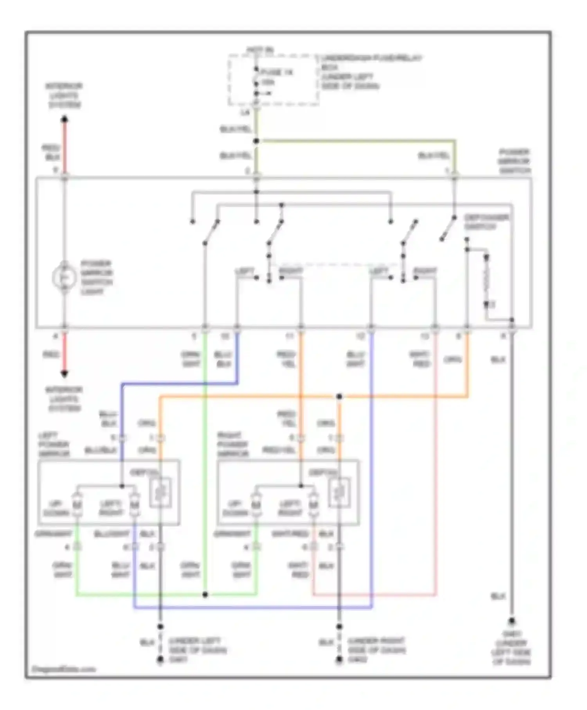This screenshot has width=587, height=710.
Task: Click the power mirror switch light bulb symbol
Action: point(64,278)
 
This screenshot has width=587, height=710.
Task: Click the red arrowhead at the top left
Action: point(65,119)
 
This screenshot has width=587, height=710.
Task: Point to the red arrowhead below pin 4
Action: point(65,373)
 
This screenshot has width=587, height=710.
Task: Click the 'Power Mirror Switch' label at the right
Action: point(514,161)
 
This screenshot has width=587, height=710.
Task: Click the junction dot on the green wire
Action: point(205,595)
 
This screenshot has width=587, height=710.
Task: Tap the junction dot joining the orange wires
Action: point(339,397)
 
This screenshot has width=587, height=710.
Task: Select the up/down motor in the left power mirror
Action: point(77,505)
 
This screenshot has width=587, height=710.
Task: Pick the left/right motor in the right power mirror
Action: point(313,505)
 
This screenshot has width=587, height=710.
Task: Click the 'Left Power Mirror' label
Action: point(54,445)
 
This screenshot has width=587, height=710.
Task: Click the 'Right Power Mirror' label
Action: point(233,445)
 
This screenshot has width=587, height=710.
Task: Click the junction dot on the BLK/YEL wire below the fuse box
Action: point(256,141)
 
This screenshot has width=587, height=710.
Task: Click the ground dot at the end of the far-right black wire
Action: point(511,622)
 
